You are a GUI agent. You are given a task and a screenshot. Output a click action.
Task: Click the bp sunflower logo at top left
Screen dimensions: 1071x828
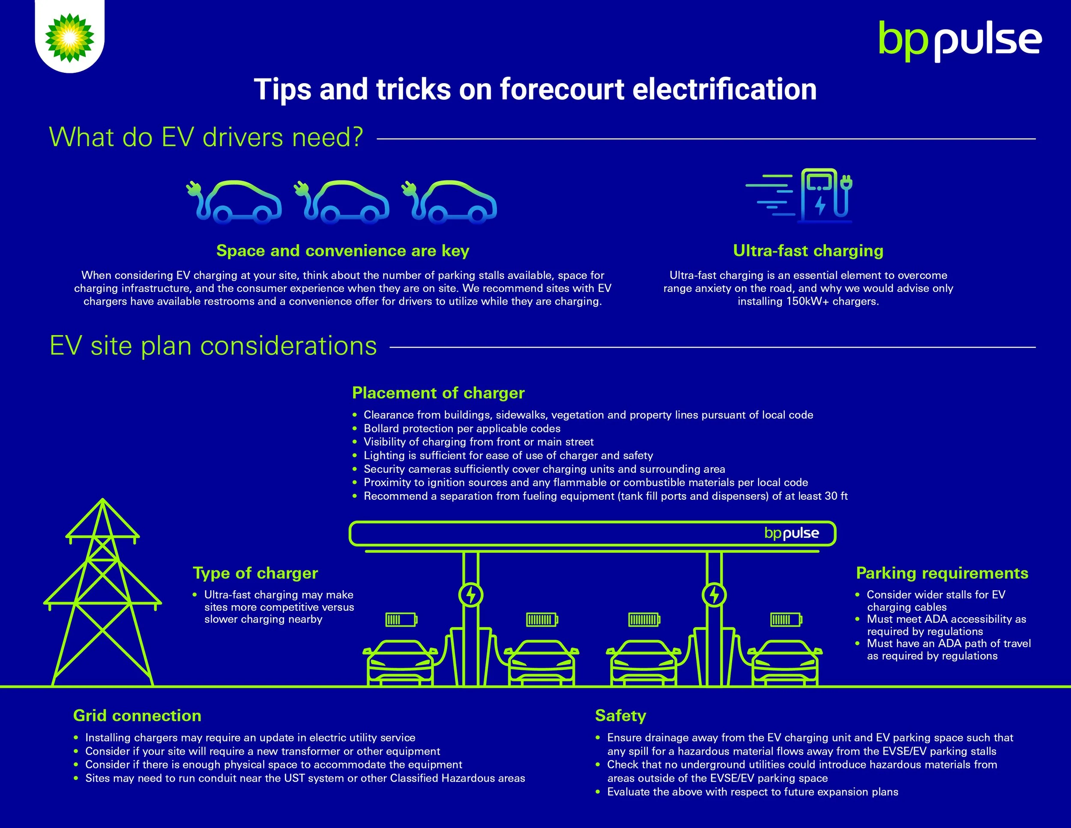point(70,38)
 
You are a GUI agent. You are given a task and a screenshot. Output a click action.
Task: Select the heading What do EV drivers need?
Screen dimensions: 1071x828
point(206,137)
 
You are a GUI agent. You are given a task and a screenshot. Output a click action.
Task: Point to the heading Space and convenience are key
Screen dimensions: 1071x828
point(343,251)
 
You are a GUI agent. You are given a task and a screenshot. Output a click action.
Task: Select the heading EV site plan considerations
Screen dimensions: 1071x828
point(213,346)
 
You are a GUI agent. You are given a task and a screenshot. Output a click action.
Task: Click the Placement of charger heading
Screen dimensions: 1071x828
point(438,393)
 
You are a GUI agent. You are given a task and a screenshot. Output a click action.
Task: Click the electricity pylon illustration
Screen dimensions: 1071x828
point(102,594)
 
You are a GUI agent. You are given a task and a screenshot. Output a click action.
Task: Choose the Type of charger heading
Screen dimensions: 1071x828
point(255,573)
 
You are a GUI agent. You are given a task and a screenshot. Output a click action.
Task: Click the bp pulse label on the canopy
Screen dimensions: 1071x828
point(792,533)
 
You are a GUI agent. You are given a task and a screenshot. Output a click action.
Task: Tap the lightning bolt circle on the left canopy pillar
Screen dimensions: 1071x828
point(471,595)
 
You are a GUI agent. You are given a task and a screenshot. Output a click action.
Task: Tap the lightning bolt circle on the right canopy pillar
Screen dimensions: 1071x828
point(714,595)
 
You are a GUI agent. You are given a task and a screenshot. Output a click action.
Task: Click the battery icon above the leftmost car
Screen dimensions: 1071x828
point(401,620)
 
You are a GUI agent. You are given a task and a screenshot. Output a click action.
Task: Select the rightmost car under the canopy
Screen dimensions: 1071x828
point(785,662)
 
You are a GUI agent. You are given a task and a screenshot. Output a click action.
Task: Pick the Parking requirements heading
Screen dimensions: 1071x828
point(942,573)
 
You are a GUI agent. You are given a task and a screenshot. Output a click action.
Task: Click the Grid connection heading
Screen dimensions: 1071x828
point(138,716)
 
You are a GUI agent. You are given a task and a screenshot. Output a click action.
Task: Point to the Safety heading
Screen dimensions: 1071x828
point(620,716)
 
